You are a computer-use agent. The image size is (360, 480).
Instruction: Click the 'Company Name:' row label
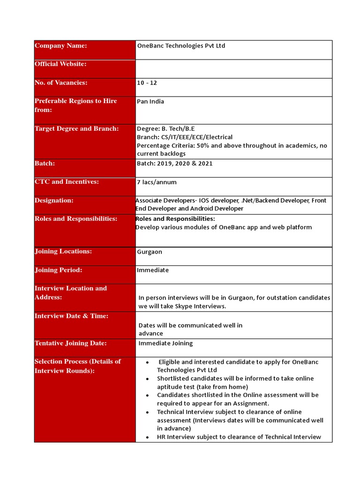[61, 45]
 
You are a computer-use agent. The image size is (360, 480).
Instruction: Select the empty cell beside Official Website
[233, 68]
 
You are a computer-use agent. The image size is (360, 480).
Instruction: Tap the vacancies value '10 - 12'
[147, 83]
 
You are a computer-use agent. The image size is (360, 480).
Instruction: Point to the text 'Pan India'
[150, 101]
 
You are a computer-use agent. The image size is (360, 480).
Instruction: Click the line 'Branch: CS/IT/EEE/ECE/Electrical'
[184, 137]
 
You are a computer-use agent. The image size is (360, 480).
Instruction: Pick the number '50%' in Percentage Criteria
[204, 145]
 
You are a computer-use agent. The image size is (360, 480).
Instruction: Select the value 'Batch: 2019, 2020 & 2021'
[174, 164]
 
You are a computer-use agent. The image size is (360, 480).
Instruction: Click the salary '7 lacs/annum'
[157, 182]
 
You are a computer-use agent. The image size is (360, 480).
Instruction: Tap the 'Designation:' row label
[54, 200]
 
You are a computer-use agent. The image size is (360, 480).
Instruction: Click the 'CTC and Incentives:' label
[67, 181]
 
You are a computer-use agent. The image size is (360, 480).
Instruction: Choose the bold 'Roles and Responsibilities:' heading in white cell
[175, 219]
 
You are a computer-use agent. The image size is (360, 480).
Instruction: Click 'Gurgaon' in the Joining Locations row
[150, 252]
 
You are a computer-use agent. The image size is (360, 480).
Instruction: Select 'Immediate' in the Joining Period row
[153, 270]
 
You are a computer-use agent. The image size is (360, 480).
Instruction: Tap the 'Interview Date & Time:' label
[71, 316]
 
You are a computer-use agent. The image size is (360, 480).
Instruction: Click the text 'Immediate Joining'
[165, 343]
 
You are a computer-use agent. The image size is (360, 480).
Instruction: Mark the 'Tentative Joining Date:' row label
[71, 343]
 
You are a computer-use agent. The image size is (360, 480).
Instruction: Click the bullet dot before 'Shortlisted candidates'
[147, 379]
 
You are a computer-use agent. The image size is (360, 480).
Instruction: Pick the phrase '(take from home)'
[213, 387]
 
